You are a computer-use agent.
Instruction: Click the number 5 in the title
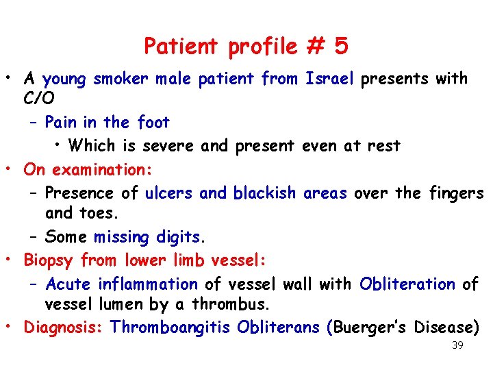(341, 47)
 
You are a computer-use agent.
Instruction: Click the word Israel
(329, 79)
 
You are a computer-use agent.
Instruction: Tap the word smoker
(121, 79)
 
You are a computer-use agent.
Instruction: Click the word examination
(102, 169)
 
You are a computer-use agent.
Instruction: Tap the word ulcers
(170, 193)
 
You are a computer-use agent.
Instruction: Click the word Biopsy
(49, 260)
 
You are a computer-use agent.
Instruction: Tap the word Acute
(68, 283)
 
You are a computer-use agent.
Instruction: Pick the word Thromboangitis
(171, 327)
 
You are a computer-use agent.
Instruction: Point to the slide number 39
(457, 345)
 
